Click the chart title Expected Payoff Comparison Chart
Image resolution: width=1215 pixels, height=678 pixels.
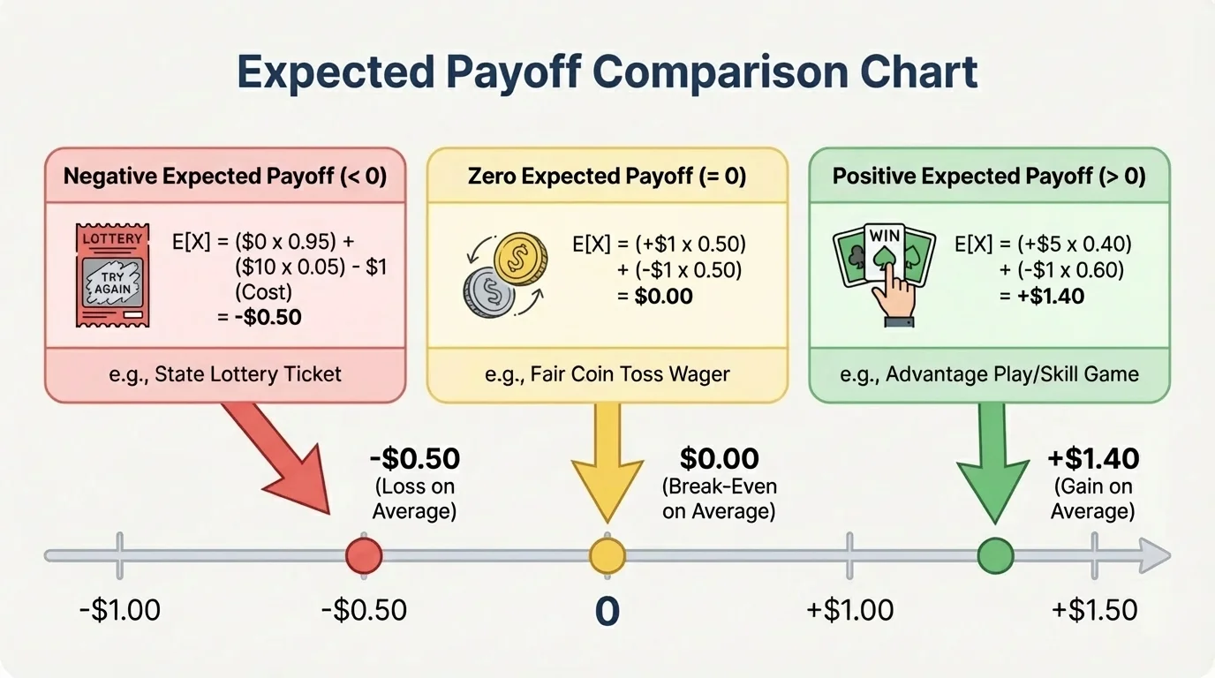coord(607,73)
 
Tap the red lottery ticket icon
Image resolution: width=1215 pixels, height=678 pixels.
coord(112,275)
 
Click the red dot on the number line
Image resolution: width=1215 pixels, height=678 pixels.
coord(364,556)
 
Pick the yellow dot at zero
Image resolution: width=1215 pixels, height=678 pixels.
coord(607,556)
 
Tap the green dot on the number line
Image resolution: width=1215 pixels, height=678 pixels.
coord(996,556)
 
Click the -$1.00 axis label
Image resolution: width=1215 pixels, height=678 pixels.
coord(119,610)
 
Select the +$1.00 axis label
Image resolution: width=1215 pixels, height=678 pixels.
coord(850,610)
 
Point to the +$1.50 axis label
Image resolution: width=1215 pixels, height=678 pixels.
coord(1094,610)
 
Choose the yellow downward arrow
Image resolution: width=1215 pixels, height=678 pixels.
coord(607,463)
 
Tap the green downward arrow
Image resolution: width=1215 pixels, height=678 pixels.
coord(993,463)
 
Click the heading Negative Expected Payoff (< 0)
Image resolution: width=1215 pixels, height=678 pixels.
coord(225,176)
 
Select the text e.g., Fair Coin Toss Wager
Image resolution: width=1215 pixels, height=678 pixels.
coord(607,374)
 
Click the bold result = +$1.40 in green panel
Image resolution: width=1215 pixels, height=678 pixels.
coord(1042,297)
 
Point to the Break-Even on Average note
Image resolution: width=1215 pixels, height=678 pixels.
coord(719,499)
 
